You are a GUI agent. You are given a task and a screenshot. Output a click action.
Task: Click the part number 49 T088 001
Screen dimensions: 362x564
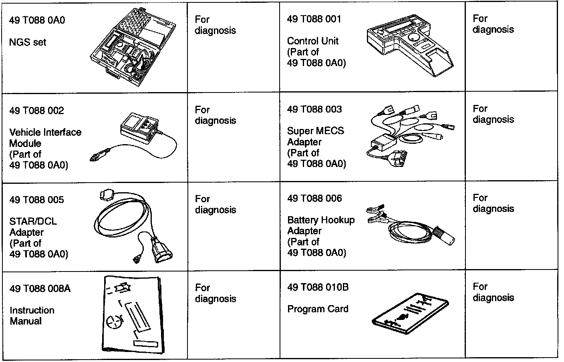(x=314, y=19)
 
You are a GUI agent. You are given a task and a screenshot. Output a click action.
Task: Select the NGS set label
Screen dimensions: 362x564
(x=28, y=42)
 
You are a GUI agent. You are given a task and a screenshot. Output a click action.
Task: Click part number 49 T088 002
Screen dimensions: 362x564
(x=36, y=111)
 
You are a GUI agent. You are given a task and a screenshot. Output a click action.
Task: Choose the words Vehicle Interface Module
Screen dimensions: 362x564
(x=45, y=138)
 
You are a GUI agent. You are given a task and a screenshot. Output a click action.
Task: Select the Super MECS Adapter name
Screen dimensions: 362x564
(x=315, y=136)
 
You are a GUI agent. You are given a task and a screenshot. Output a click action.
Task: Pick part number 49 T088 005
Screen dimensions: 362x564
(x=36, y=200)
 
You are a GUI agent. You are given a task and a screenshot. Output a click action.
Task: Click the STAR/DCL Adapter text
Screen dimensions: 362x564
(x=33, y=227)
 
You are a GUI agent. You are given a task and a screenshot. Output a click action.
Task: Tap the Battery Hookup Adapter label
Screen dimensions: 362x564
(x=321, y=225)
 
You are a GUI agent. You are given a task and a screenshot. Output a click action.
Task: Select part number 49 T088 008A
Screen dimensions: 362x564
(x=40, y=289)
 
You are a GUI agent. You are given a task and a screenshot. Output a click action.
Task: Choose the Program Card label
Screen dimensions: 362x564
(x=318, y=309)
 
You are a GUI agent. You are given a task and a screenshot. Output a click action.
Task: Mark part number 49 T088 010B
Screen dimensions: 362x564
(x=318, y=288)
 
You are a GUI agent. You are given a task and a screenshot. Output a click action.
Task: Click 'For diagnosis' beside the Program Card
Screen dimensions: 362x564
(x=493, y=292)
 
